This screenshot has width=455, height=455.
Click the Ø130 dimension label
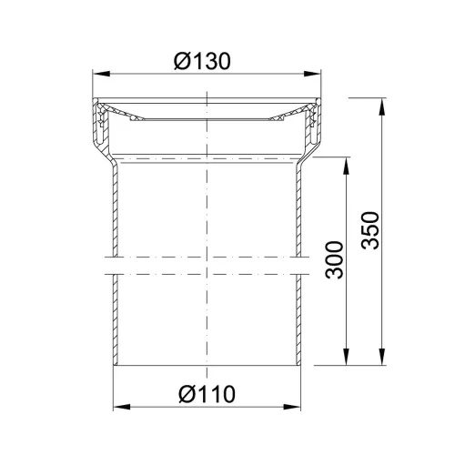click(x=202, y=61)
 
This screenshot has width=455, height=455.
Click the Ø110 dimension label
click(x=207, y=394)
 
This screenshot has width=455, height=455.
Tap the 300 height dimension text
click(x=334, y=260)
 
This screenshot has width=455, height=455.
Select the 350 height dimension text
click(x=370, y=230)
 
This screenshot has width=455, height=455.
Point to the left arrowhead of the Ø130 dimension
click(x=101, y=74)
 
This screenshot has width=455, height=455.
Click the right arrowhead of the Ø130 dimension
click(x=312, y=74)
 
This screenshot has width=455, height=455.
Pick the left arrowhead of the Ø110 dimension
click(x=122, y=407)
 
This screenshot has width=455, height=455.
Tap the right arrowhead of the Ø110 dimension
click(x=292, y=407)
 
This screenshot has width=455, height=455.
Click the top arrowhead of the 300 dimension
click(x=346, y=166)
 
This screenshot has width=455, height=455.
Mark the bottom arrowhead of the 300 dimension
click(x=346, y=357)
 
